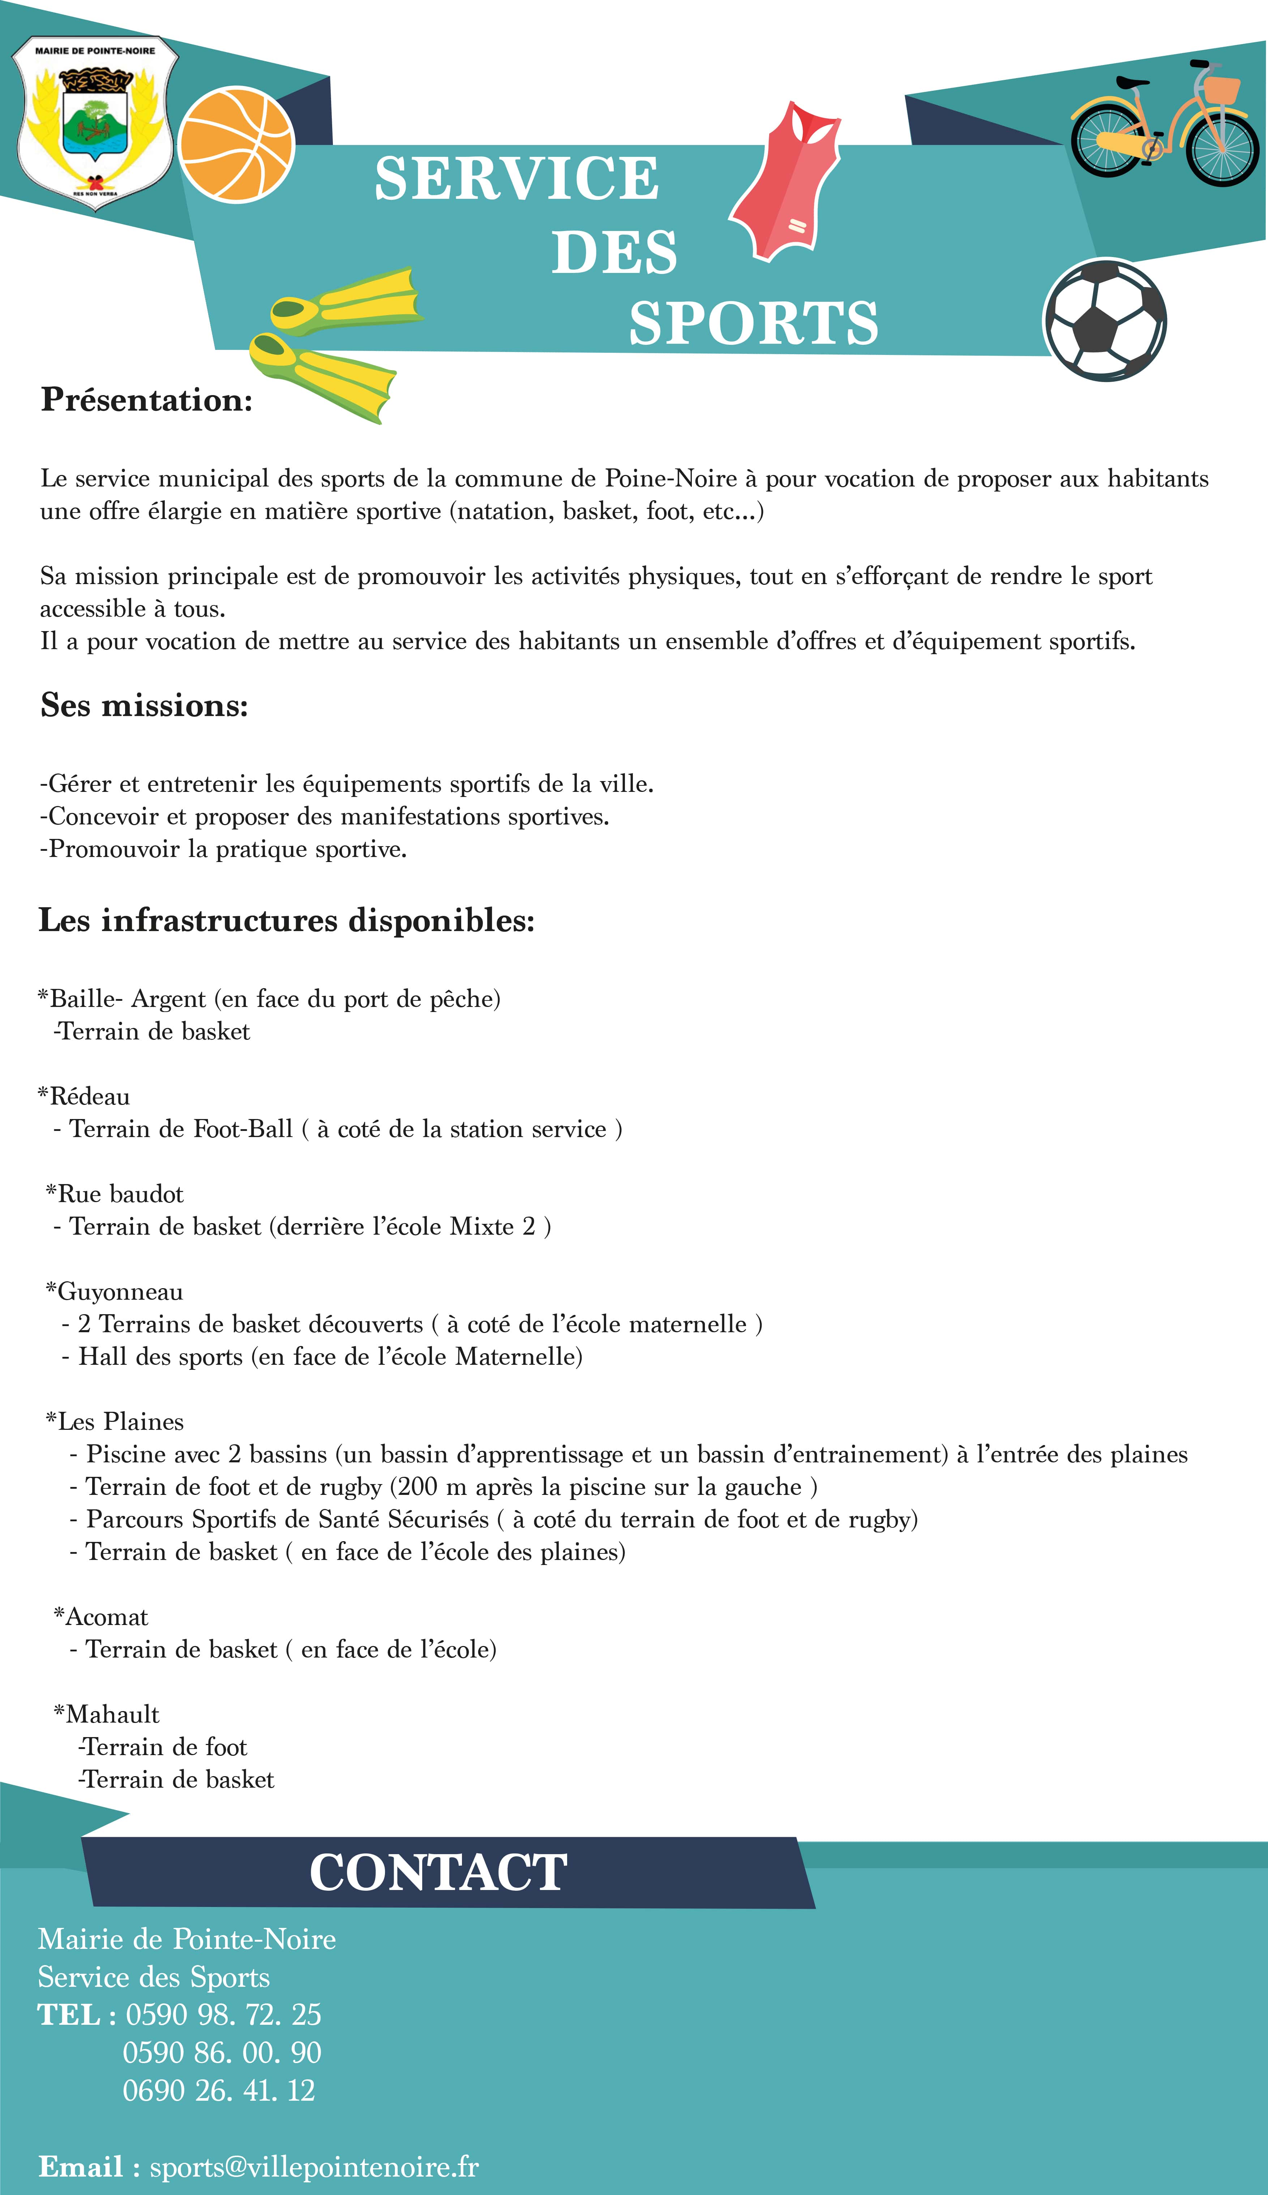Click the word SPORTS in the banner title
pos(753,323)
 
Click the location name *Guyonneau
pos(114,1291)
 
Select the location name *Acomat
pos(101,1617)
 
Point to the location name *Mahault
pos(106,1714)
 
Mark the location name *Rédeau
pos(83,1096)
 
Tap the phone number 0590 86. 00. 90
pos(222,2053)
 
